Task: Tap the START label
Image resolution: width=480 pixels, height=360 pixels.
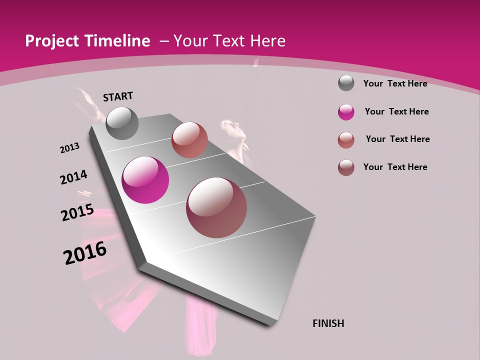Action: coord(118,96)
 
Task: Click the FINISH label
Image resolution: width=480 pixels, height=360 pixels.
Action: coord(328,323)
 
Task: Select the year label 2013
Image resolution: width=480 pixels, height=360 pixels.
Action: coord(69,148)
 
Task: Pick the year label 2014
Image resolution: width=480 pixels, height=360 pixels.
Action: coord(73,177)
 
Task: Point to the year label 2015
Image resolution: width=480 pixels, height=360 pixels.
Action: coord(77,212)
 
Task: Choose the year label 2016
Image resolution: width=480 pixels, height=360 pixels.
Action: coord(85,253)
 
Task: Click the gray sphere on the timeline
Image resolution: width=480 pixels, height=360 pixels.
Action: coord(122,123)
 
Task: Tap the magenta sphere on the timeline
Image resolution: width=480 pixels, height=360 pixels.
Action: coord(145,180)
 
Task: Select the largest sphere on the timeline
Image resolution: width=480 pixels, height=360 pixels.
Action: coord(216,207)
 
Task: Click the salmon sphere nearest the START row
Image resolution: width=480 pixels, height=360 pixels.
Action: coord(189,140)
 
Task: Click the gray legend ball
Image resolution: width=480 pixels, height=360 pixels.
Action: coord(346,83)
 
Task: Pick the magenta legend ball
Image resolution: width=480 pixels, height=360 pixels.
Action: coord(346,112)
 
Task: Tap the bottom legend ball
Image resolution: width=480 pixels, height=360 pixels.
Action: coord(346,167)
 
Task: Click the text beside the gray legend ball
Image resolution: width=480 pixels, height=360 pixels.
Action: coord(395,83)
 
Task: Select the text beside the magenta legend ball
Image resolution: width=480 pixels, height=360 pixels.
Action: coord(396,111)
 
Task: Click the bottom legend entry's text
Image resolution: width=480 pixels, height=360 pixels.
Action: coord(395,167)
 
